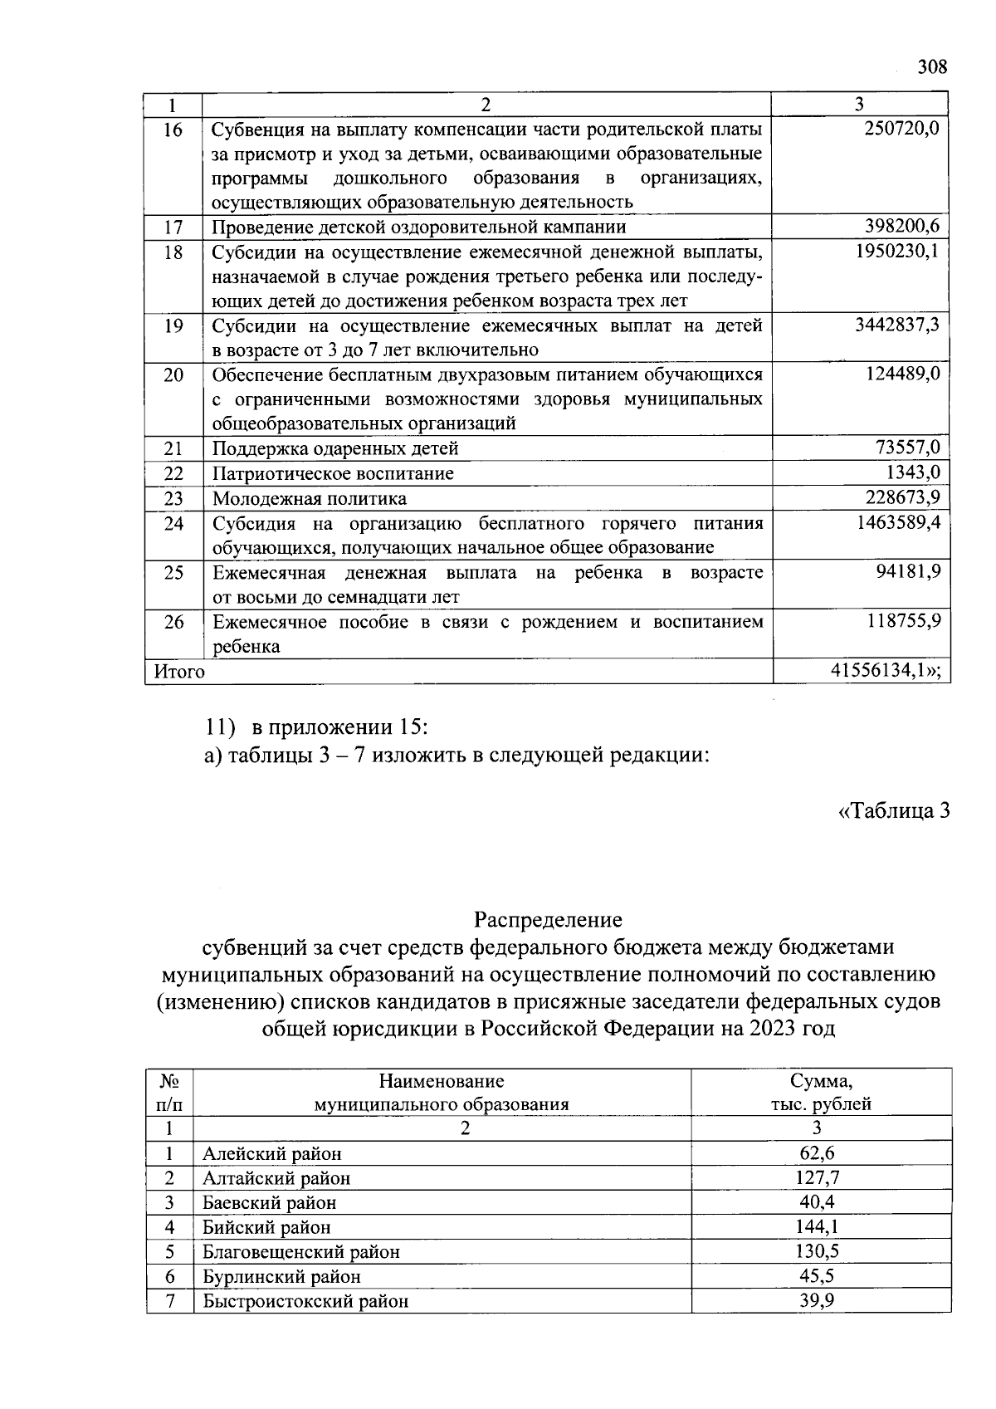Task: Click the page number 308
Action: (x=932, y=67)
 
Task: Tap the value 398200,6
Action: (x=901, y=226)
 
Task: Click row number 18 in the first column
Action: (x=173, y=252)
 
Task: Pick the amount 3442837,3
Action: (x=897, y=325)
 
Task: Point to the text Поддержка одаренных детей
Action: (x=335, y=448)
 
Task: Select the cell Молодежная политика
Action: (x=310, y=498)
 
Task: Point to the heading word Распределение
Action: (x=548, y=919)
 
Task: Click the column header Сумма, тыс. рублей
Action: (x=821, y=1092)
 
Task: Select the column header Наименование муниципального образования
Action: (x=441, y=1092)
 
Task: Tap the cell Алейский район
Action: (x=272, y=1153)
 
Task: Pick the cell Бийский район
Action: (x=266, y=1226)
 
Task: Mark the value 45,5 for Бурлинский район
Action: (x=817, y=1275)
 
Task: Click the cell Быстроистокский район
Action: (x=305, y=1300)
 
